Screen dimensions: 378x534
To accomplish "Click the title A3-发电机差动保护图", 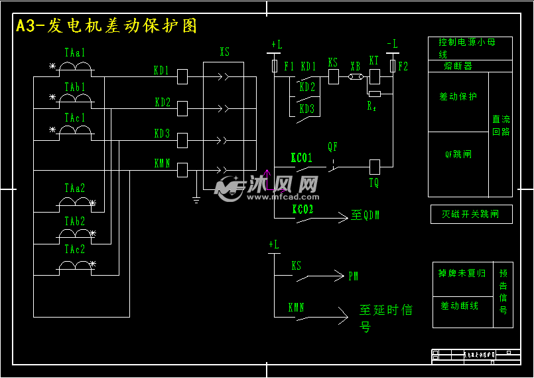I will pyautogui.click(x=107, y=26).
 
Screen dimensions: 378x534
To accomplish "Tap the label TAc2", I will pyautogui.click(x=74, y=250).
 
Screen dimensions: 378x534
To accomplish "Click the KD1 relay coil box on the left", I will pyautogui.click(x=183, y=78).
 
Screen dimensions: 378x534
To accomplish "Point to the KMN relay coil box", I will pyautogui.click(x=183, y=170).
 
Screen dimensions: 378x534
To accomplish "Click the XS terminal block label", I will pyautogui.click(x=225, y=52).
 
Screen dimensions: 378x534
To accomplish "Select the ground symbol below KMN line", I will pyautogui.click(x=196, y=199).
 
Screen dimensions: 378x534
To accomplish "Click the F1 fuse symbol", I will pyautogui.click(x=275, y=66).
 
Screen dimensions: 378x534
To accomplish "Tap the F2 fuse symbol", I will pyautogui.click(x=393, y=66).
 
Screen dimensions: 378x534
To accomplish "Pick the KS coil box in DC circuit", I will pyautogui.click(x=334, y=77).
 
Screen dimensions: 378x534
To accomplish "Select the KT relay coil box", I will pyautogui.click(x=375, y=77).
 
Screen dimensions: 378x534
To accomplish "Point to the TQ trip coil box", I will pyautogui.click(x=375, y=167).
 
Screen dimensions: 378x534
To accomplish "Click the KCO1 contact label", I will pyautogui.click(x=302, y=158).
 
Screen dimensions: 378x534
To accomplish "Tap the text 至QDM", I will pyautogui.click(x=366, y=216).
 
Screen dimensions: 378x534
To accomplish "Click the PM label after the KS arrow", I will pyautogui.click(x=354, y=276).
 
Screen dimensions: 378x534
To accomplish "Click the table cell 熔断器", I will pyautogui.click(x=458, y=66).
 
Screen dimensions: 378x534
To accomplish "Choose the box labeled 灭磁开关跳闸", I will pyautogui.click(x=471, y=214).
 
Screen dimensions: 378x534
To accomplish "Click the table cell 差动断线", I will pyautogui.click(x=459, y=306).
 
